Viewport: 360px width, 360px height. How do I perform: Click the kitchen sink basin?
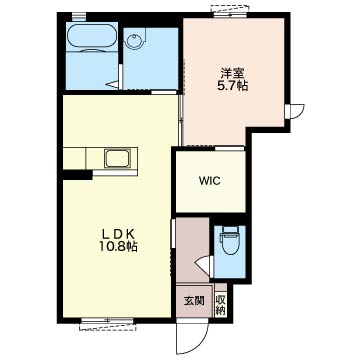[x=117, y=159]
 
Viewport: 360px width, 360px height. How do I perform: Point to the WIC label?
[x=209, y=181]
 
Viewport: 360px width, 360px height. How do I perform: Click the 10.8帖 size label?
[x=118, y=247]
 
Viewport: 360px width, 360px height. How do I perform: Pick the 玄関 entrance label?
[x=194, y=301]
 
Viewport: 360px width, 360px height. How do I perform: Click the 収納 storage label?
[x=220, y=304]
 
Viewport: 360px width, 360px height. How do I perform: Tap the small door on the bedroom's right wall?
[x=294, y=111]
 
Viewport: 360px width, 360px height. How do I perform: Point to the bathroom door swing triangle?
[x=113, y=84]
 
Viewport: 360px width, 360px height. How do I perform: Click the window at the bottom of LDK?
[x=108, y=323]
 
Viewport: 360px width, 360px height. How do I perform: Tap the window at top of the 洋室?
[x=230, y=11]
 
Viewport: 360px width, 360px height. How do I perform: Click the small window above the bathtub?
[x=79, y=15]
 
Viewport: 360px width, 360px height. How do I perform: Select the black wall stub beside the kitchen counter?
[x=77, y=174]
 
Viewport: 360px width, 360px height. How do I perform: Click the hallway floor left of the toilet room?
[x=192, y=249]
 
